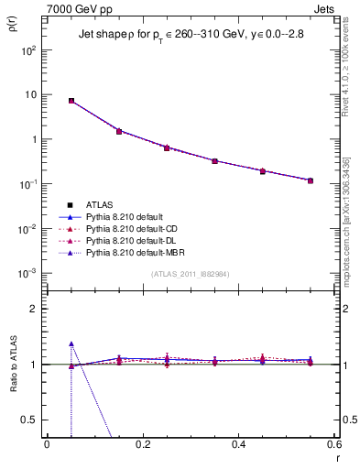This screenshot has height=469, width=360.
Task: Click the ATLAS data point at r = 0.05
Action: coord(71,101)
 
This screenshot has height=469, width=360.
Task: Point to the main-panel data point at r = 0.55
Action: coord(311,180)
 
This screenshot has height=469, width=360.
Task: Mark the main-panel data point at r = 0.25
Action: coord(167,147)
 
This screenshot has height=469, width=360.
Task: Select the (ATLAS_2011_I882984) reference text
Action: coord(191,274)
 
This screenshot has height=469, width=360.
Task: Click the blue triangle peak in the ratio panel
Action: coord(71,344)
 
